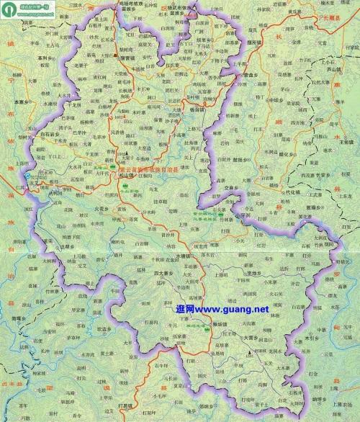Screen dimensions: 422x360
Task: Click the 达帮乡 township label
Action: pyautogui.click(x=66, y=246)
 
